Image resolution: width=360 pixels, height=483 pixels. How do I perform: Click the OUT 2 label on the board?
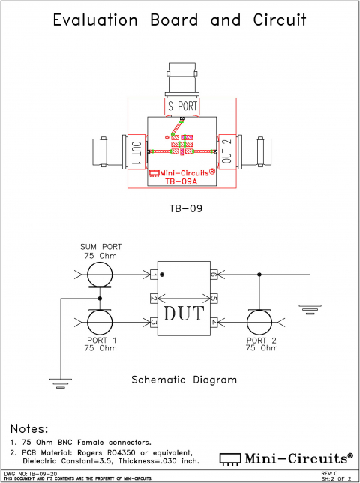227,152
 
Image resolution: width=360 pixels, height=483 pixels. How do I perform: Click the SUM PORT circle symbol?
100,275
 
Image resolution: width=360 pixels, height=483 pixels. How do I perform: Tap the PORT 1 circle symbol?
100,322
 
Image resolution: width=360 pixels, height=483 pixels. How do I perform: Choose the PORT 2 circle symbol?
259,322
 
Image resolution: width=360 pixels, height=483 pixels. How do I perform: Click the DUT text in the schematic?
182,311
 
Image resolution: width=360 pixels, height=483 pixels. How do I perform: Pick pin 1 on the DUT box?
153,275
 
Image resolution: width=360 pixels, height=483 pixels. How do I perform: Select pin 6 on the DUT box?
213,275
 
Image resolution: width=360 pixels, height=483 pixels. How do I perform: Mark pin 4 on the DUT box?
213,322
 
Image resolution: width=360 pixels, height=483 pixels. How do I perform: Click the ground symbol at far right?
307,306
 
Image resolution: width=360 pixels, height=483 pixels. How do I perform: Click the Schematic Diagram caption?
184,379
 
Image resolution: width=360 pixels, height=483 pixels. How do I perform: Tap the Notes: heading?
36,427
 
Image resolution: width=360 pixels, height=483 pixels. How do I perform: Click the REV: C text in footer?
329,474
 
